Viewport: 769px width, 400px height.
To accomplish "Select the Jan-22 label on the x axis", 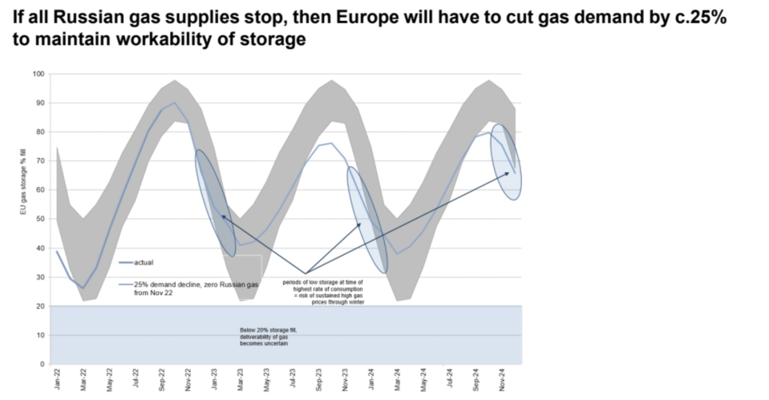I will point(56,380).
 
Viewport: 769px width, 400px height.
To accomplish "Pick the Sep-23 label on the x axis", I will point(319,380).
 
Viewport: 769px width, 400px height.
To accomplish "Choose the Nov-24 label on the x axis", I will point(503,380).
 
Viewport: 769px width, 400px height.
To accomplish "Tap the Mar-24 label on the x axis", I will point(398,380).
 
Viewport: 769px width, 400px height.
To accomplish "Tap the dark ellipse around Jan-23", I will point(216,203).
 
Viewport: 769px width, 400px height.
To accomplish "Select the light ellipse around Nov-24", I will point(506,162).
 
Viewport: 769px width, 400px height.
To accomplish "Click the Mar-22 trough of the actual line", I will point(83,288).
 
